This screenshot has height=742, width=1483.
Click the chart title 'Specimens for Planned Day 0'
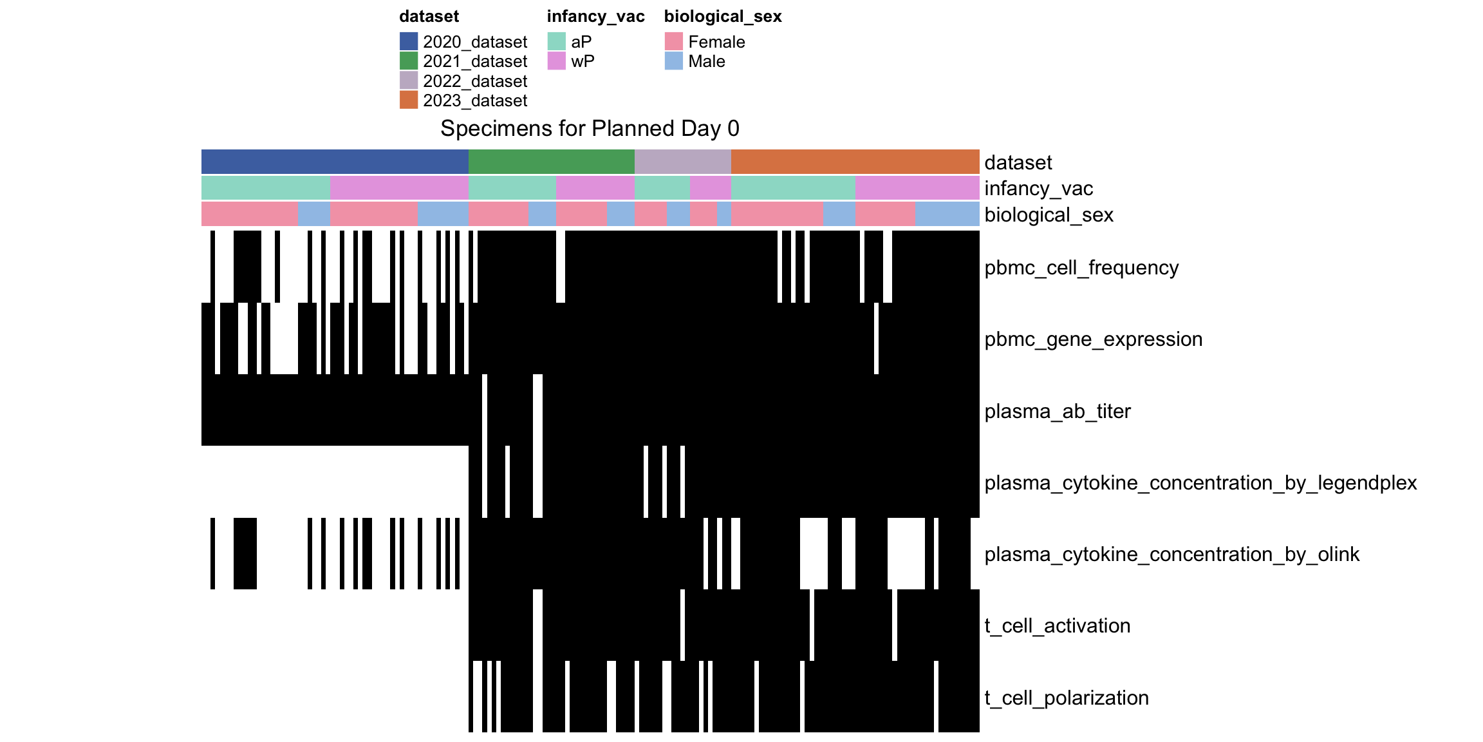pos(590,129)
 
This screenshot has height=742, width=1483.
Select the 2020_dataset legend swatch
pos(409,41)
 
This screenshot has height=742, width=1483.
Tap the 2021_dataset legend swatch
pos(409,61)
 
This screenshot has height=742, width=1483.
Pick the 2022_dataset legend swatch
pos(409,81)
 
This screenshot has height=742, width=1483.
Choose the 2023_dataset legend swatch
pos(409,100)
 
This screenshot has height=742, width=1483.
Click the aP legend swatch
pos(557,41)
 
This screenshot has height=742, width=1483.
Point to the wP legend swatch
pos(557,61)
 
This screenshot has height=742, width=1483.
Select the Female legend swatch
pos(674,41)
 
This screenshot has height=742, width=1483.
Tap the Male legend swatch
pos(674,61)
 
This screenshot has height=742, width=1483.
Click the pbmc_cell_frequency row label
pos(1081,267)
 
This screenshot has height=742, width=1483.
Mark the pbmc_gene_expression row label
pos(1094,339)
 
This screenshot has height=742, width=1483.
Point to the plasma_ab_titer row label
pos(1058,411)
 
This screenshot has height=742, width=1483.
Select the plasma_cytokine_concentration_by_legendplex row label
pos(1200,482)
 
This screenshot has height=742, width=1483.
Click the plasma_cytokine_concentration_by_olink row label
pos(1172,554)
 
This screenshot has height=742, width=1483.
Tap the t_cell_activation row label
pos(1058,625)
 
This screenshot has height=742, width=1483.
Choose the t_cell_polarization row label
pos(1067,698)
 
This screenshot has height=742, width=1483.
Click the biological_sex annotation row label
pos(1049,214)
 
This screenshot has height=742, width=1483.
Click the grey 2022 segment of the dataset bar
pos(683,162)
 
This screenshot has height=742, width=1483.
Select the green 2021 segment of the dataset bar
pos(552,162)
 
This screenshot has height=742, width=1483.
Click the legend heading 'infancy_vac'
pos(596,17)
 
